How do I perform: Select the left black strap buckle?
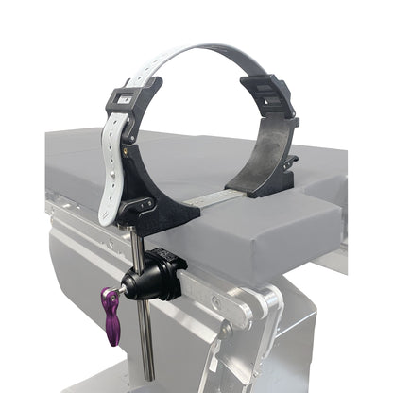pos(128,97)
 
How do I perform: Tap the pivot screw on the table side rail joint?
pos(220,302)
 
